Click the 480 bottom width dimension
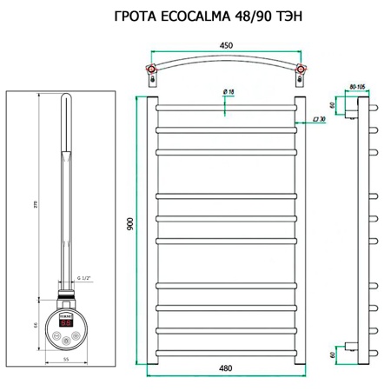coord(227,369)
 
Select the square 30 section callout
coord(318,119)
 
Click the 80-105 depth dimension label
coord(356,86)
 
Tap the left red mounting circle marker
coord(153,70)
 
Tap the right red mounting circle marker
coord(301,70)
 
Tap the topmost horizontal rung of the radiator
coord(227,108)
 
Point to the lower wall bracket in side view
coord(348,346)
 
